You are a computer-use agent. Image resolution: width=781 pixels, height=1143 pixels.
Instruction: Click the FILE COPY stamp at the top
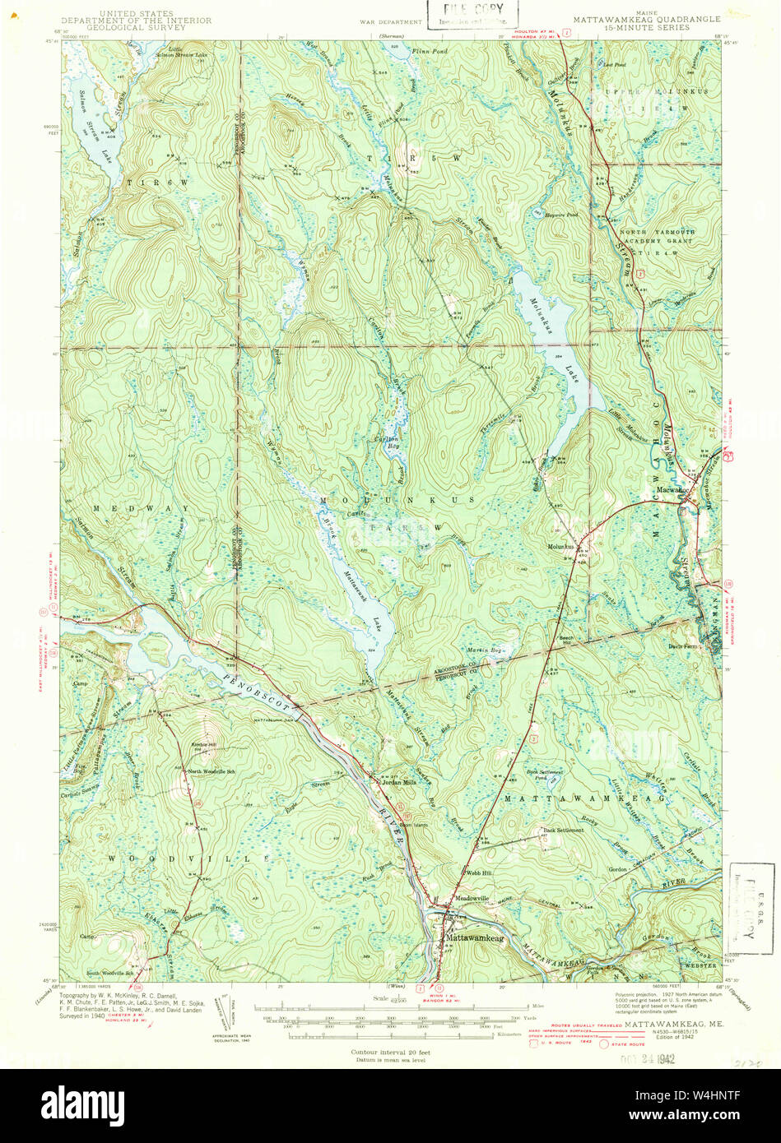coord(472,12)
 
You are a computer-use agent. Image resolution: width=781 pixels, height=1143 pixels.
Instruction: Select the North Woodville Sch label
coord(212,771)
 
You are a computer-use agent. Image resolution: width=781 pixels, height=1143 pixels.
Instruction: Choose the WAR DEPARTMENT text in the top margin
coord(390,16)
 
